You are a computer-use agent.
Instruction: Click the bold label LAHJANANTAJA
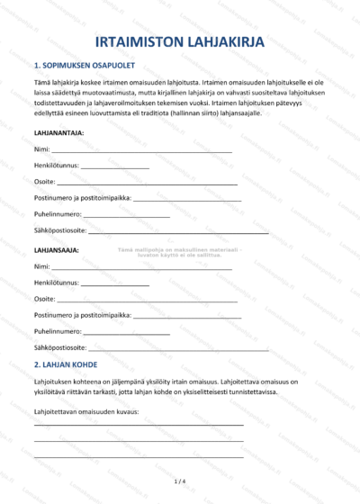(59, 132)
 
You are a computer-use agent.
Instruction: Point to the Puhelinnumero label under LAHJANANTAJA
(58, 214)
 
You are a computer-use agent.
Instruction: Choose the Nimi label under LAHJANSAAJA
(41, 266)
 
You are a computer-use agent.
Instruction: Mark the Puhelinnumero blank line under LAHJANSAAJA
(127, 333)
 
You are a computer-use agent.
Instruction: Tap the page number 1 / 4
(179, 481)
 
